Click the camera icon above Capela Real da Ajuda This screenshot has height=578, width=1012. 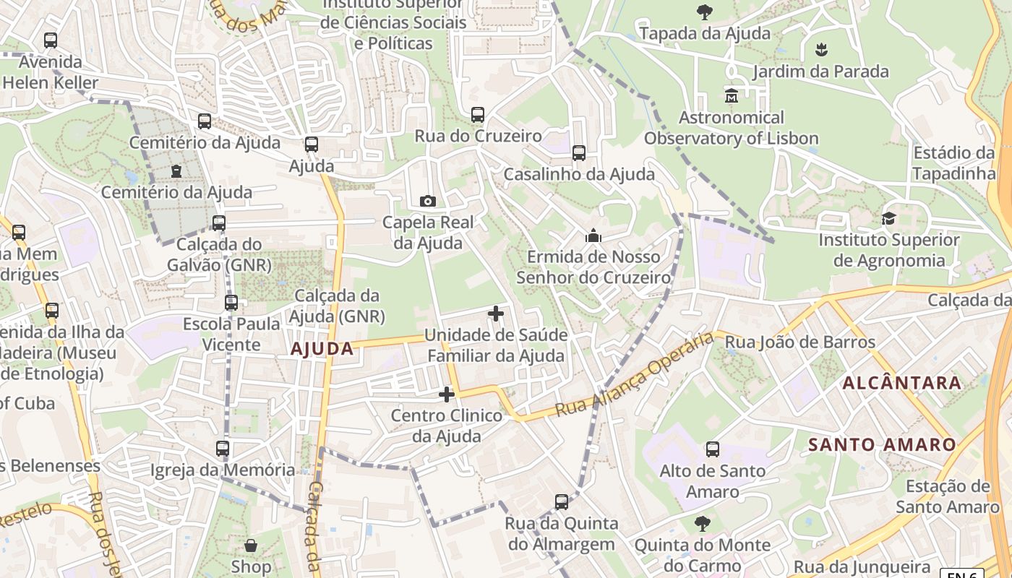[x=427, y=201]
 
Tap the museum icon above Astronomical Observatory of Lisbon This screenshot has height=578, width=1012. [x=731, y=95]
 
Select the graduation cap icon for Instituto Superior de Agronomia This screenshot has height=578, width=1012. [x=888, y=218]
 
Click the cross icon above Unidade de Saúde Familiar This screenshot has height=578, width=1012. [x=496, y=314]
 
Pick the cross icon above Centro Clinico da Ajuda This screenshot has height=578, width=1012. [x=447, y=394]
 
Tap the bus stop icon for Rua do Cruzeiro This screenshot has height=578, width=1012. [x=477, y=114]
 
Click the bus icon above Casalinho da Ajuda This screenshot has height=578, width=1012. [x=579, y=152]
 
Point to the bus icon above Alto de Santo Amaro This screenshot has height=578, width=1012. [x=713, y=449]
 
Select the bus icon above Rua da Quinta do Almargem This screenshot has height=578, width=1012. [x=562, y=501]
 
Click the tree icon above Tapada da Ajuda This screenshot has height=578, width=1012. [x=704, y=12]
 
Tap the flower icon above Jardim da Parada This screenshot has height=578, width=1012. [x=820, y=50]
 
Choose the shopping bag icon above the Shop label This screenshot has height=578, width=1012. [x=251, y=545]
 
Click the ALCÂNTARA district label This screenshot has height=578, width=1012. [x=902, y=383]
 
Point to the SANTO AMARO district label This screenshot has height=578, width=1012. [x=882, y=444]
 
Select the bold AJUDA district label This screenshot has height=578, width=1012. [x=322, y=349]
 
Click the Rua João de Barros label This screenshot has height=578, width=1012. [x=799, y=342]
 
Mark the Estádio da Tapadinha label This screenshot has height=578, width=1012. [x=953, y=163]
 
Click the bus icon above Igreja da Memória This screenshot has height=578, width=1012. [x=223, y=448]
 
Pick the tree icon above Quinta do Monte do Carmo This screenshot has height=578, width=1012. [x=702, y=523]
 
